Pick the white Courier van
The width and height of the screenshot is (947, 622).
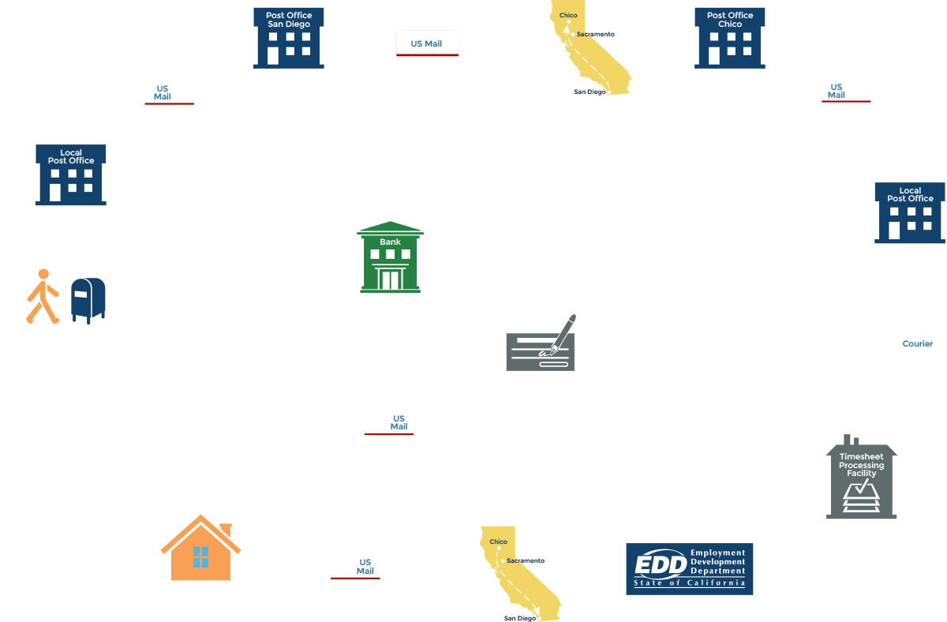coord(908,346)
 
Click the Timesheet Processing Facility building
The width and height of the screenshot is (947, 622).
coord(862,478)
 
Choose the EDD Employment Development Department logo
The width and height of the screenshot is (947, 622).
coord(690,568)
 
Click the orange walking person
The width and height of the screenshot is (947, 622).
coord(43,297)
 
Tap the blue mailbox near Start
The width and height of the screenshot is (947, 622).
coord(87,300)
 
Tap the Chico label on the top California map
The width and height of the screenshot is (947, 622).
coord(568,16)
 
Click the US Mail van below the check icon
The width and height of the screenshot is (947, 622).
coord(390,427)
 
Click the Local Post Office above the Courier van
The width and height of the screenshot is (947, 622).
coord(909,212)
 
